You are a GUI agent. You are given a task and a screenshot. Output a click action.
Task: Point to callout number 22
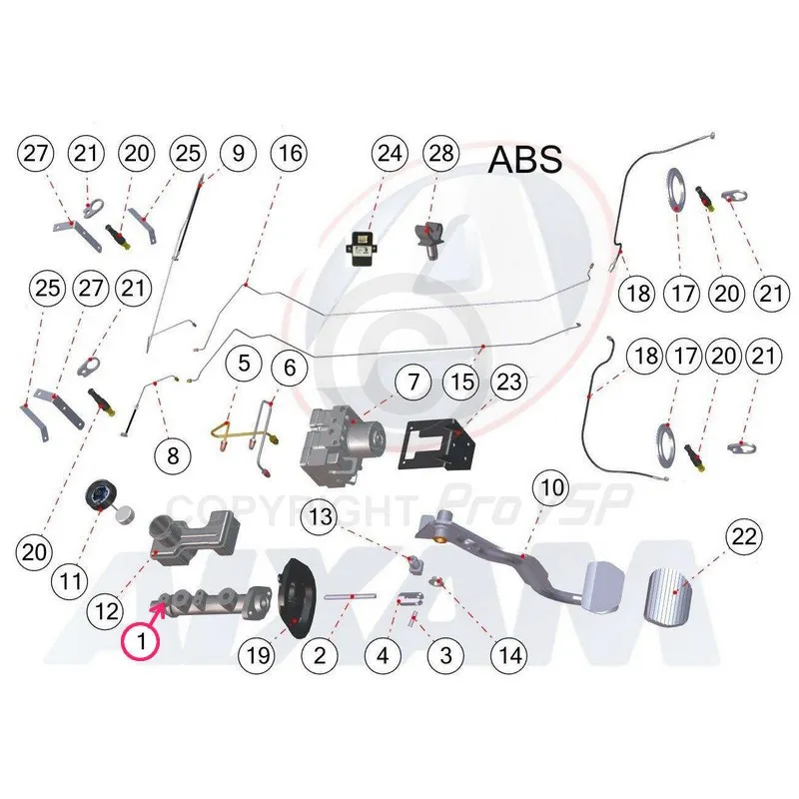pos(742,536)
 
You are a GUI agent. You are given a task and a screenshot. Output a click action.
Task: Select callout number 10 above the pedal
pos(553,489)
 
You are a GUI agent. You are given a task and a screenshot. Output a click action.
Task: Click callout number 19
pos(259,655)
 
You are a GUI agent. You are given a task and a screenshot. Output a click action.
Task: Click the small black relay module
pos(363,243)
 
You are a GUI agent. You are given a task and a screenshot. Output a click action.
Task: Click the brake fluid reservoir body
pos(190,537)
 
